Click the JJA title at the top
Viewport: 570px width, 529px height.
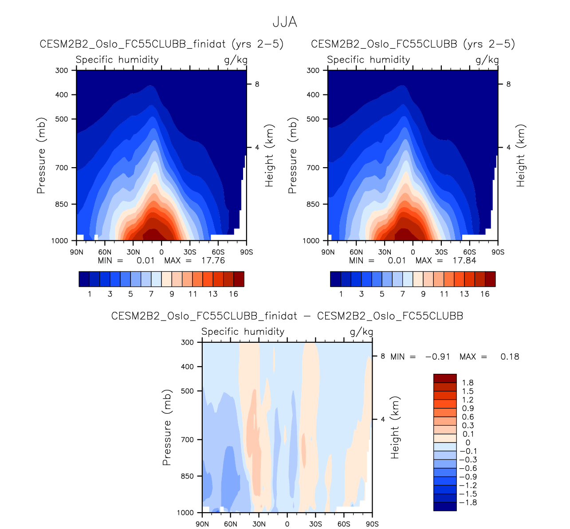point(285,22)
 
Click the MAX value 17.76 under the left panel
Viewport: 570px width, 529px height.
point(213,260)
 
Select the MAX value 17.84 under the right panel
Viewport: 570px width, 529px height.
point(464,260)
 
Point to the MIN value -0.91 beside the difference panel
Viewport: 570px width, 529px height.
point(438,357)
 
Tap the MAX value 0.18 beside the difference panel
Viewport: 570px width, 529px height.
point(510,357)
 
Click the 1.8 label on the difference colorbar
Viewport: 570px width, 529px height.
point(468,383)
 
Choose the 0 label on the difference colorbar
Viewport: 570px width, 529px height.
point(468,443)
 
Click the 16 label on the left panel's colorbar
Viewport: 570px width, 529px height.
point(234,294)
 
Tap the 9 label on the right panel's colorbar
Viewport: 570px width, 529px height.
point(423,294)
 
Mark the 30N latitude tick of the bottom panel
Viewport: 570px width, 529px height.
point(259,524)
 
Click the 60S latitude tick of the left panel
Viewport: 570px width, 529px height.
point(218,252)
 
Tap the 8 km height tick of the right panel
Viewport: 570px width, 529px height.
point(508,84)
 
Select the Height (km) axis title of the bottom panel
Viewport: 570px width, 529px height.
point(395,427)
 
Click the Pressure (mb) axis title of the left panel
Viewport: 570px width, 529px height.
point(41,156)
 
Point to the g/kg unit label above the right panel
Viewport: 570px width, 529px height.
point(487,60)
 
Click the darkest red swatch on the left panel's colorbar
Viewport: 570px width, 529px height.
point(239,279)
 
